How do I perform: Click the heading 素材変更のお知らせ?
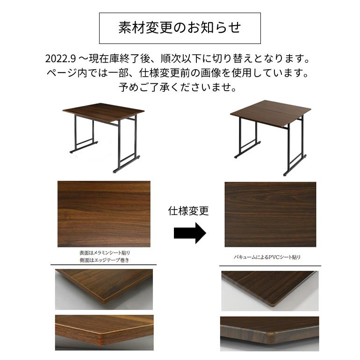tap(180, 28)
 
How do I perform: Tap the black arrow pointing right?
tap(190, 233)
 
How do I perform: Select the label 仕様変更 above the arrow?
tap(188, 211)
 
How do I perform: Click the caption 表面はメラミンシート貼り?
tap(104, 252)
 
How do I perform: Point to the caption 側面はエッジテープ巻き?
tap(104, 259)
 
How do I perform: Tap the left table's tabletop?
tap(103, 112)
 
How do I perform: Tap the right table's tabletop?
tap(271, 112)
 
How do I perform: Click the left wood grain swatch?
tap(104, 214)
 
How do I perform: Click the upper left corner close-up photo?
tap(104, 289)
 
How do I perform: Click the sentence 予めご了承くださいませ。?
tap(180, 87)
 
